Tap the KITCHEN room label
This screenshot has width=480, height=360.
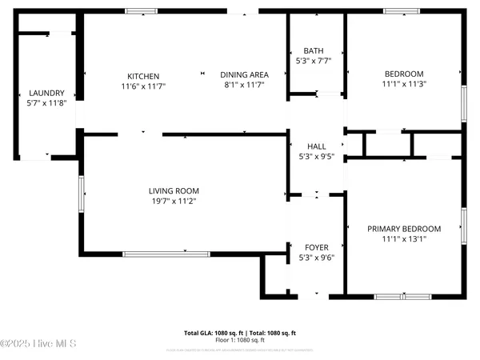[x=142, y=76]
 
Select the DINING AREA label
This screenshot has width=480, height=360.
[x=242, y=74]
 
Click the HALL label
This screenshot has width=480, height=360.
[x=317, y=146]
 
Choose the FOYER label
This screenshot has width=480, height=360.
[x=317, y=247]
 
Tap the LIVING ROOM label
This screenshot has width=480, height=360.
[x=174, y=190]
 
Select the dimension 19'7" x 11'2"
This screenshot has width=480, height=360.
[x=174, y=201]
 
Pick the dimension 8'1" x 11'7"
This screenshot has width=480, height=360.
[x=242, y=84]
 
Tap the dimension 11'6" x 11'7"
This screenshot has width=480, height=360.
[x=142, y=86]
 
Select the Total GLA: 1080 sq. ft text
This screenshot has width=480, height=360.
[x=214, y=332]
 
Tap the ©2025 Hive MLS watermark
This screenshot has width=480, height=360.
[x=38, y=344]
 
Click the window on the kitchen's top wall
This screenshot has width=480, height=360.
[x=142, y=11]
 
